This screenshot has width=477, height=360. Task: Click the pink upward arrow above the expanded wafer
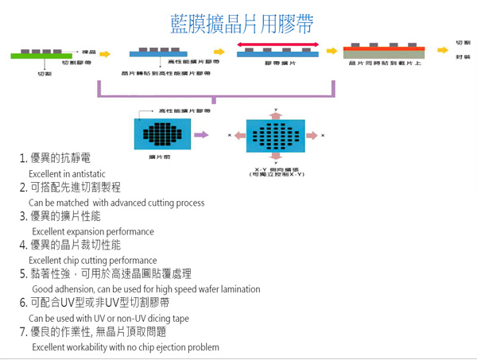[276, 114]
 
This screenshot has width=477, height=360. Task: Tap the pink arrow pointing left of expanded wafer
[238, 136]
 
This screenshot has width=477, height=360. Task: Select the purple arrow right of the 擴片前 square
[201, 135]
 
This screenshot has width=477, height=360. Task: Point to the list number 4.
[23, 245]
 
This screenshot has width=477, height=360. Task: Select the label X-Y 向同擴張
[276, 169]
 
